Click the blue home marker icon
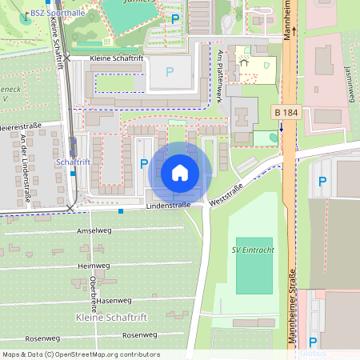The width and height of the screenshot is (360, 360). coord(180,172)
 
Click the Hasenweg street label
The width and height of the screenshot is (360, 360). coord(113,300)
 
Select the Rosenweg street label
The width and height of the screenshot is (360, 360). coord(141,335)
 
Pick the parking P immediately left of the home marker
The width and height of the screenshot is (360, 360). coord(144,164)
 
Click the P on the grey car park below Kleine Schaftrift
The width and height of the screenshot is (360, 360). coord(170,72)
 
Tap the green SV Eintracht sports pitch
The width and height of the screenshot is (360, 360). coord(254,265)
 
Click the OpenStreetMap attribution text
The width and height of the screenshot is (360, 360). coord(80,354)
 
